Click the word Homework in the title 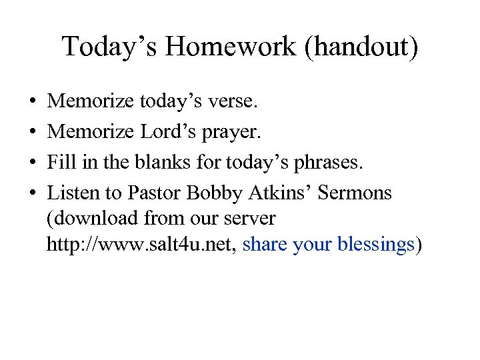point(233,47)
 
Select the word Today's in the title point(110,47)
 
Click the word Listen point(73,193)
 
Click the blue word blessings point(376,245)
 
